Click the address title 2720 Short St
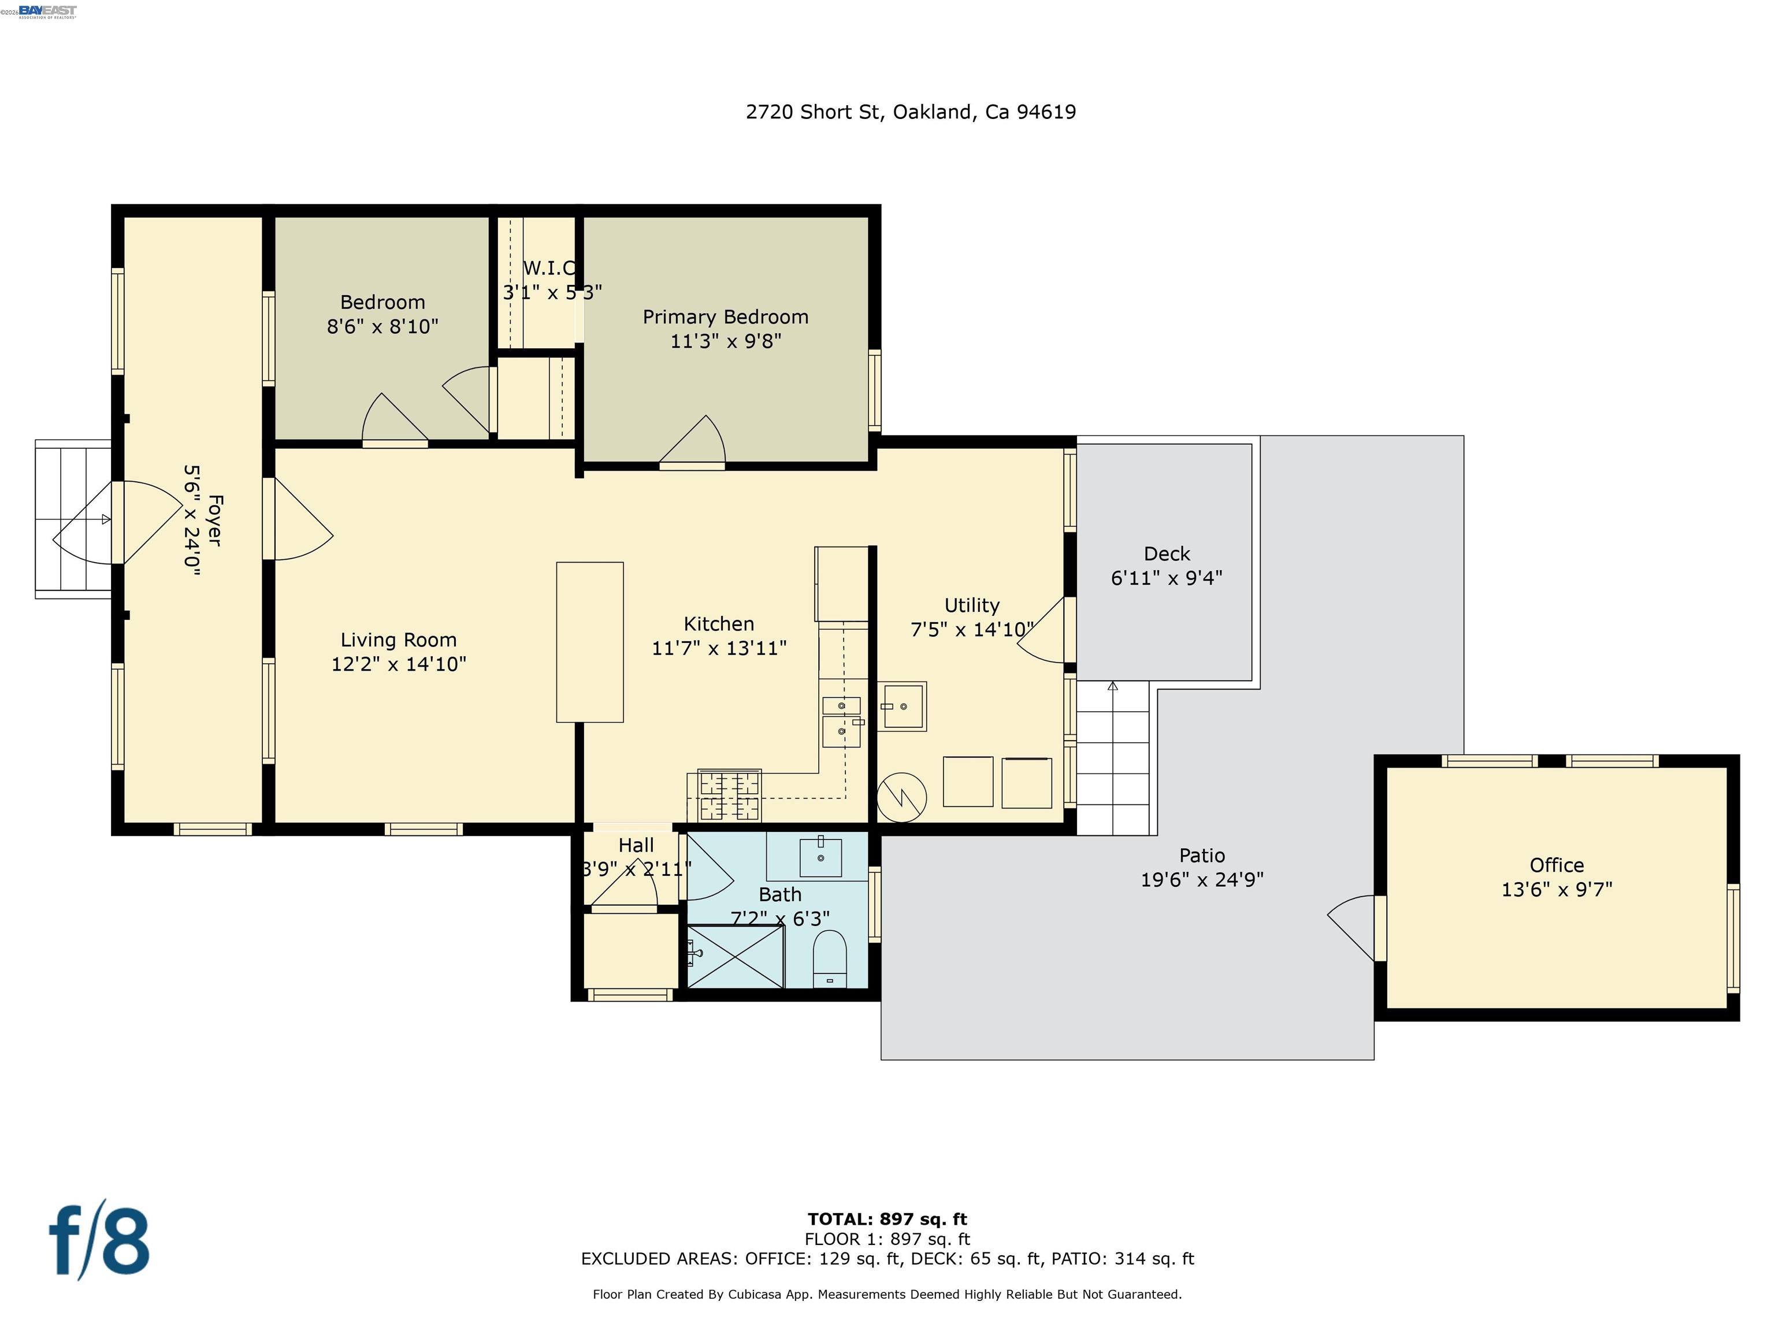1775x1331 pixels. point(910,112)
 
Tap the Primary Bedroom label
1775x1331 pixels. point(725,317)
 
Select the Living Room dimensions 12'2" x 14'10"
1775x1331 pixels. point(399,664)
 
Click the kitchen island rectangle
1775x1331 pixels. point(590,642)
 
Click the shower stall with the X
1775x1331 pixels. point(735,956)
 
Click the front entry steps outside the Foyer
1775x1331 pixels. point(72,519)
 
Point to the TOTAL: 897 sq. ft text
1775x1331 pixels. point(887,1220)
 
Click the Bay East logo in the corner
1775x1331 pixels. point(47,11)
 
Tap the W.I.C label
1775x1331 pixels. point(549,269)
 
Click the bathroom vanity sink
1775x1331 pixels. point(820,858)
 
